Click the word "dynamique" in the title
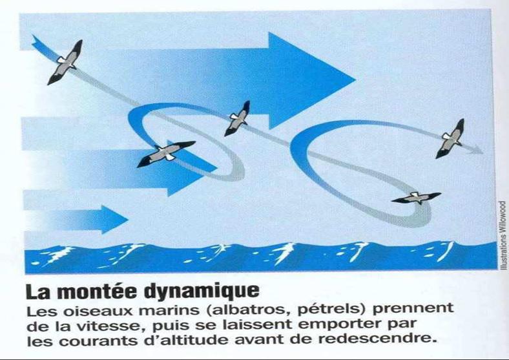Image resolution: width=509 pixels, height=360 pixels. click(x=202, y=291)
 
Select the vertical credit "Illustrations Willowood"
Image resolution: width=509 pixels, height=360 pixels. click(x=503, y=235)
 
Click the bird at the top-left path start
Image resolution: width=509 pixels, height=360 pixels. click(x=65, y=63)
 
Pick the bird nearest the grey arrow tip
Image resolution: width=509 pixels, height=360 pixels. click(x=450, y=138)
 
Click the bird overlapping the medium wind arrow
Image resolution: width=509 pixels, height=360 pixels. click(x=166, y=153)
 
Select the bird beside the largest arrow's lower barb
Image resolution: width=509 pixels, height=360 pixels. click(x=238, y=118)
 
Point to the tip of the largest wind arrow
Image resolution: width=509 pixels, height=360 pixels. click(x=355, y=79)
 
